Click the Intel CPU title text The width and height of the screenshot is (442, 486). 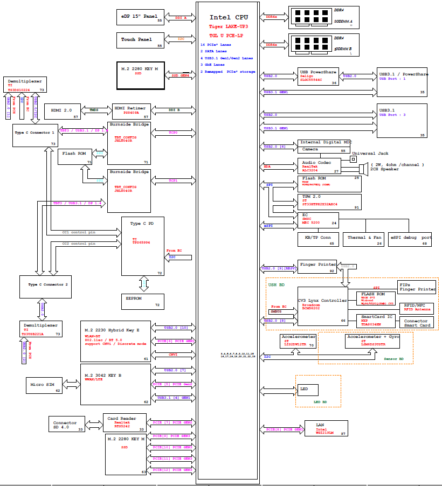point(229,18)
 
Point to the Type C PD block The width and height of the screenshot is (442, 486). point(143,245)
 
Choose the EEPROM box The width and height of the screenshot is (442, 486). point(142,301)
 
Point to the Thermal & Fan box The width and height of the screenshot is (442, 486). point(364,238)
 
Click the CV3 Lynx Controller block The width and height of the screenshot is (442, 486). point(322,306)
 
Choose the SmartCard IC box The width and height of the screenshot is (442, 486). point(380,321)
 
